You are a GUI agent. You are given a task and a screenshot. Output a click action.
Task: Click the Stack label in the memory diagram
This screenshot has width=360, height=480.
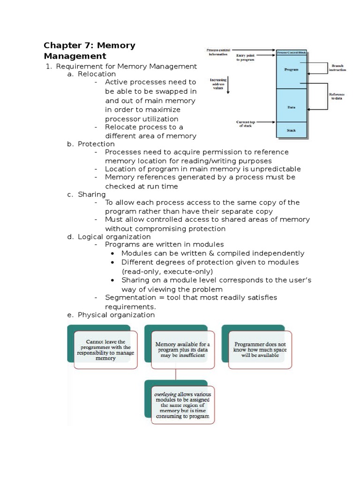[x=291, y=130]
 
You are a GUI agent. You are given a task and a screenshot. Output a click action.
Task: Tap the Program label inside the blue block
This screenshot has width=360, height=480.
[x=291, y=69]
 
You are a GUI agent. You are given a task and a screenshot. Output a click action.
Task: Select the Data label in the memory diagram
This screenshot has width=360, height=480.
[x=291, y=107]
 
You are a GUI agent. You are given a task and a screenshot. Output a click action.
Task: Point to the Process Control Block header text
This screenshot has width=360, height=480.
[x=291, y=53]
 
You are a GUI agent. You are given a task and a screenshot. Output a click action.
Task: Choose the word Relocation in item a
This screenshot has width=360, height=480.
[x=97, y=74]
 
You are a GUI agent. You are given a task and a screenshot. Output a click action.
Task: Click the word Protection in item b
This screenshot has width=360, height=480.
[x=96, y=144]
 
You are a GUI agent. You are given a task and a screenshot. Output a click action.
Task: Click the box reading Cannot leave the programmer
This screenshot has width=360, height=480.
[x=105, y=350]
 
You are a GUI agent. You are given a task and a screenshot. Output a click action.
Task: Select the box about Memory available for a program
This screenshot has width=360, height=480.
[x=183, y=350]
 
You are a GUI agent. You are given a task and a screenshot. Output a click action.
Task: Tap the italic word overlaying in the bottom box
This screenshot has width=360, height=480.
[x=165, y=394]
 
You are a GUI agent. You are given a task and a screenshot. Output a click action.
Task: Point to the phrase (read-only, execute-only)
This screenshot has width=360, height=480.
[x=167, y=271]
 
